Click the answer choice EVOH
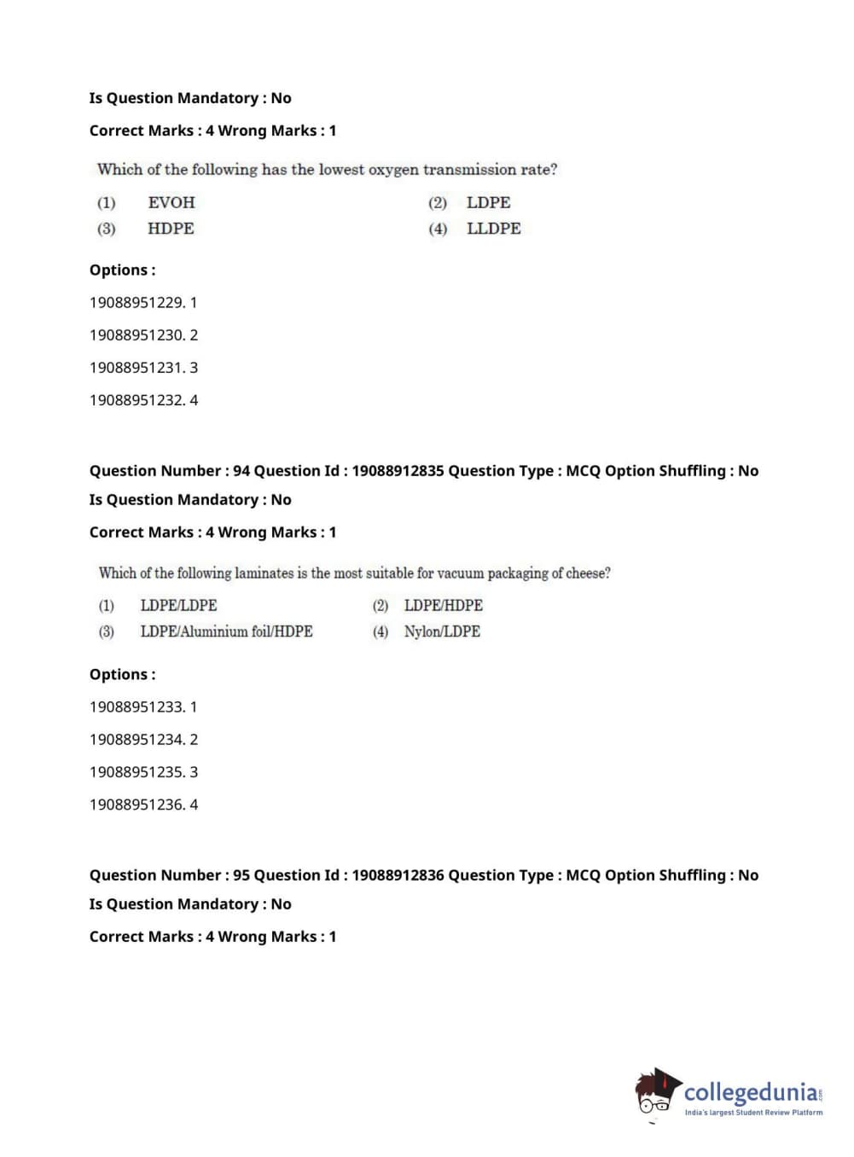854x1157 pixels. point(171,203)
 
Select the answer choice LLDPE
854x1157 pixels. point(493,229)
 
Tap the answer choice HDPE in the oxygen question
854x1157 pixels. point(171,229)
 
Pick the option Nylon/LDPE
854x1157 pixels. point(442,631)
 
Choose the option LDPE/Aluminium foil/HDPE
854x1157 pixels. point(226,631)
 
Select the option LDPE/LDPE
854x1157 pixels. point(178,606)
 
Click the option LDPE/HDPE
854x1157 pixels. point(443,606)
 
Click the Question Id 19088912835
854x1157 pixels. point(398,471)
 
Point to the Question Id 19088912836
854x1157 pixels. point(398,875)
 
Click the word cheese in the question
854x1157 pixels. point(588,573)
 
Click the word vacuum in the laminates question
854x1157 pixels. point(461,573)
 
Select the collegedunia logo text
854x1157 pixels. point(751,1092)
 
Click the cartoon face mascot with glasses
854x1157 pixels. point(656,1093)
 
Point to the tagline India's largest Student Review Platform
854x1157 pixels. point(753,1113)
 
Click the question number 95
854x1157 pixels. point(241,875)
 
